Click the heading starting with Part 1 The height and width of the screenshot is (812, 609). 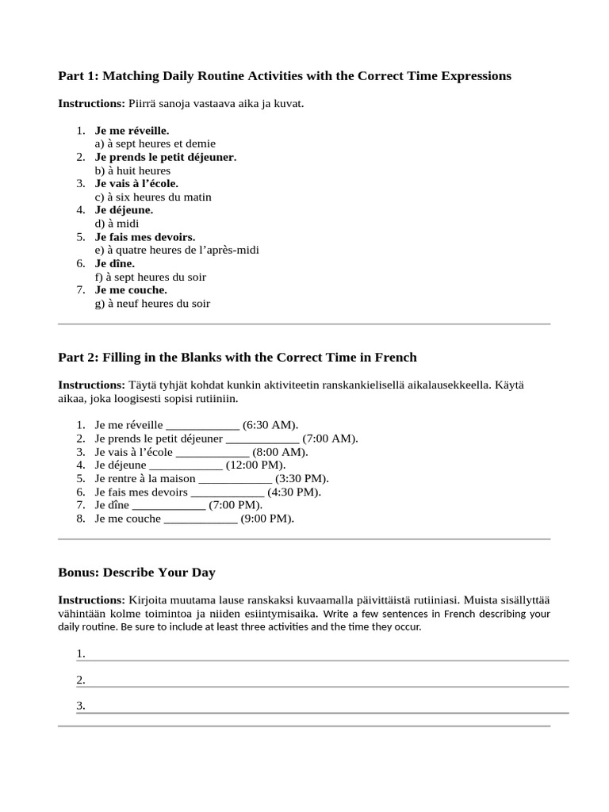(x=285, y=76)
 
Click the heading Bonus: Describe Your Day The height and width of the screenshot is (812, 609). (x=136, y=573)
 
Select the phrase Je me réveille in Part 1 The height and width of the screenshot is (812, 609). (x=132, y=130)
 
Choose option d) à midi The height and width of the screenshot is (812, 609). (x=117, y=224)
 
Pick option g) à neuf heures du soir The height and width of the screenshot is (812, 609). (x=152, y=304)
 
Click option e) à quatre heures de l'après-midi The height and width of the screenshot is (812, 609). (x=177, y=250)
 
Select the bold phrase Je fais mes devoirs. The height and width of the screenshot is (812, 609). (x=145, y=237)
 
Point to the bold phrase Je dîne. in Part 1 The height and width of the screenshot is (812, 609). (x=115, y=263)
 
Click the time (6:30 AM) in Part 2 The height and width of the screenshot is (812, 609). (x=270, y=425)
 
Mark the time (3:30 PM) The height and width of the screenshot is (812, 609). (x=302, y=478)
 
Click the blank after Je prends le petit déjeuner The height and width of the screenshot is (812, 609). (x=262, y=439)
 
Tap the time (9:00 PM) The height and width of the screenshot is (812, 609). (x=267, y=519)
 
